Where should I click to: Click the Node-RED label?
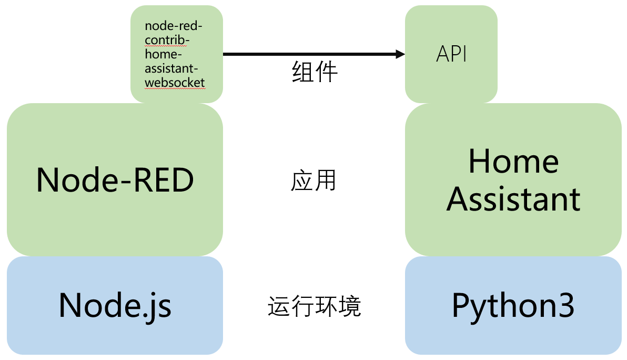tap(115, 180)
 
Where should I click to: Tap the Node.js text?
tap(115, 306)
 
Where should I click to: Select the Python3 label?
tap(513, 306)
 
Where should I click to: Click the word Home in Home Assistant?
tap(513, 161)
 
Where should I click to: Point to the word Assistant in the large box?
tap(513, 199)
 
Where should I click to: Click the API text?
tap(451, 54)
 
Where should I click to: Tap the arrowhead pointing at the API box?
tap(400, 54)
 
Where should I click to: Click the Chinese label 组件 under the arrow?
tap(315, 72)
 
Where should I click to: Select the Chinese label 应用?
tap(313, 181)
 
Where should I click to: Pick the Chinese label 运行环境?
tap(315, 306)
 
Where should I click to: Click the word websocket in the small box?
tap(175, 83)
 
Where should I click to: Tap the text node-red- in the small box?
tap(174, 26)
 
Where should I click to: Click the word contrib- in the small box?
tap(167, 40)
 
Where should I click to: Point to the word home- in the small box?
tap(163, 54)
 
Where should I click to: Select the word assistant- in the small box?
tap(171, 68)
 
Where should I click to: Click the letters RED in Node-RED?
tap(164, 180)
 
